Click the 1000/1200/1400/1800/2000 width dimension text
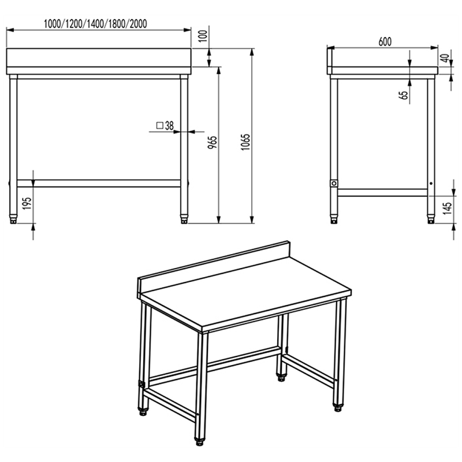[x=95, y=24]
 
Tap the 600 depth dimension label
[x=385, y=42]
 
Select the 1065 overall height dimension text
[x=245, y=142]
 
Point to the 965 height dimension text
[x=212, y=142]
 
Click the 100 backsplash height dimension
[x=203, y=36]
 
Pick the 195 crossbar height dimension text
[x=27, y=204]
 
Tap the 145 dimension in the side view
[x=447, y=208]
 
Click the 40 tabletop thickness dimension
[x=446, y=58]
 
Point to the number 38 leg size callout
[x=169, y=126]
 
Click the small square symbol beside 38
[x=160, y=126]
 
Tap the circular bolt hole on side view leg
[x=334, y=184]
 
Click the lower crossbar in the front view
[x=99, y=183]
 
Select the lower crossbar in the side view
[x=382, y=193]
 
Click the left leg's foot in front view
[x=13, y=220]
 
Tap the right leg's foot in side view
[x=431, y=220]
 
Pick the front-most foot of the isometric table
[x=200, y=442]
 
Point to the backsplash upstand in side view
[x=329, y=61]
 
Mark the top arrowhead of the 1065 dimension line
[x=252, y=52]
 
